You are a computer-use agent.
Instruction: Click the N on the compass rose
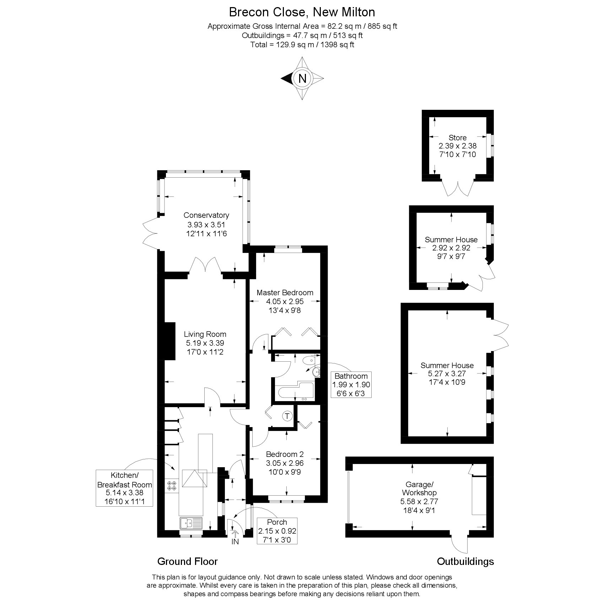302,78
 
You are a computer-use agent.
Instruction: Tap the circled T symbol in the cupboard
287,416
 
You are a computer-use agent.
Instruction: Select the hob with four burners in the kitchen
172,486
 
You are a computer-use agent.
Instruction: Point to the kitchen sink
191,523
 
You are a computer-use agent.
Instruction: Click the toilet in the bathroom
308,361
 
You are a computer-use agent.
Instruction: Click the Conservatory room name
206,215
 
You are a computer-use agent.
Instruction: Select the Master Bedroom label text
285,293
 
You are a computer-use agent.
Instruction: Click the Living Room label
205,334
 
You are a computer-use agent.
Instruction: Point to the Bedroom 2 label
285,454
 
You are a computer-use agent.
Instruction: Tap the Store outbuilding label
458,137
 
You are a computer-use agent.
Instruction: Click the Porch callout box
277,531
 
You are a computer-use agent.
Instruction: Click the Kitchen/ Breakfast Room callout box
125,488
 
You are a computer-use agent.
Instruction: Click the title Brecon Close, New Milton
302,12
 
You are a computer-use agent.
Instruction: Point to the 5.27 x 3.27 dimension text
447,374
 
